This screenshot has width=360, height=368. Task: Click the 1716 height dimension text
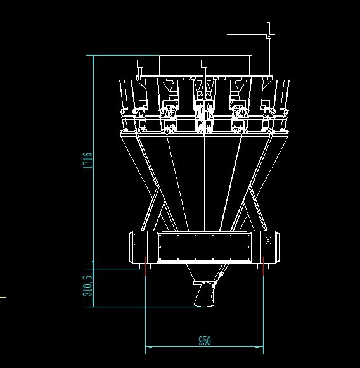click(x=88, y=160)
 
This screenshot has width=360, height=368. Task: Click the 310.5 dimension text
click(x=88, y=286)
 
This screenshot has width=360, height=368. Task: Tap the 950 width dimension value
click(x=205, y=341)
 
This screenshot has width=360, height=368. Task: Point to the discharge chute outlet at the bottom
click(x=204, y=294)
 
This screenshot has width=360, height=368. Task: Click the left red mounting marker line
click(x=145, y=266)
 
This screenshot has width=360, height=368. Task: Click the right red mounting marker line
click(x=263, y=266)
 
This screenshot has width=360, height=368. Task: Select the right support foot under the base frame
click(x=263, y=267)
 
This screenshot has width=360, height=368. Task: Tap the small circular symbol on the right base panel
click(x=268, y=241)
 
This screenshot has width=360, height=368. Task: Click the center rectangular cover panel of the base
click(x=204, y=247)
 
